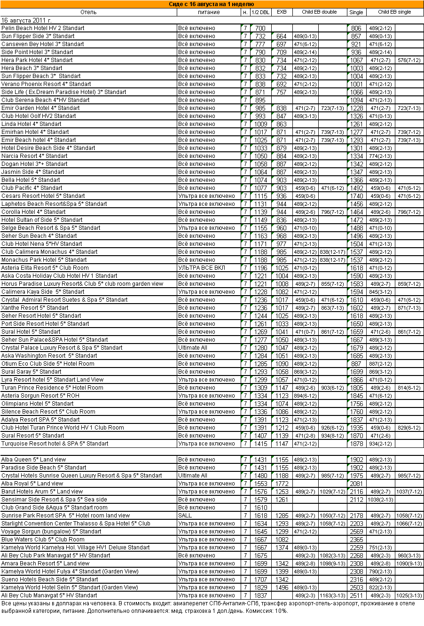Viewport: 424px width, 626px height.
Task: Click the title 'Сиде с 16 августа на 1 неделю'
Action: tap(212, 4)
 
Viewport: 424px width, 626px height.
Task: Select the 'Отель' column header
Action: tap(88, 12)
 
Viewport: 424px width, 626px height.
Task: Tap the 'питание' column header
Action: tap(208, 12)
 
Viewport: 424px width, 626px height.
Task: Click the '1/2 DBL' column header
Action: tap(260, 12)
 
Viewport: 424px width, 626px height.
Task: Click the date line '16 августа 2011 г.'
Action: tap(26, 20)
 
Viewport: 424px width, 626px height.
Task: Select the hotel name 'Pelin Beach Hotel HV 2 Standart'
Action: tap(43, 28)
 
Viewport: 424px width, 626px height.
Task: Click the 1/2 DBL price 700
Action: tap(260, 28)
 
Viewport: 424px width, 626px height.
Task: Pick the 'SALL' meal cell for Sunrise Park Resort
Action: tap(185, 516)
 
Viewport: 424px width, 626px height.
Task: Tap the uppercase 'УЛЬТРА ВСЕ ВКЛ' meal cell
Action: tap(202, 268)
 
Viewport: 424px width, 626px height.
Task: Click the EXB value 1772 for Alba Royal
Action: tap(282, 484)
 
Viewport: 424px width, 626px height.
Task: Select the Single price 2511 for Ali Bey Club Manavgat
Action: tap(356, 595)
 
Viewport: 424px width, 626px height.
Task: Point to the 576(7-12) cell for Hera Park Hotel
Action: tap(408, 60)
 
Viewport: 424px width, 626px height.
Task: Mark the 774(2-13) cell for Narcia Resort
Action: tap(380, 156)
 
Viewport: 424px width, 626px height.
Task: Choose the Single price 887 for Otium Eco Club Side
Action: tap(356, 364)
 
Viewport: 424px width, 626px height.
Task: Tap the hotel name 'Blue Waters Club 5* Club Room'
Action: tap(43, 540)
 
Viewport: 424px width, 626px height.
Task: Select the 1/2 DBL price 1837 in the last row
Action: tap(260, 595)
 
